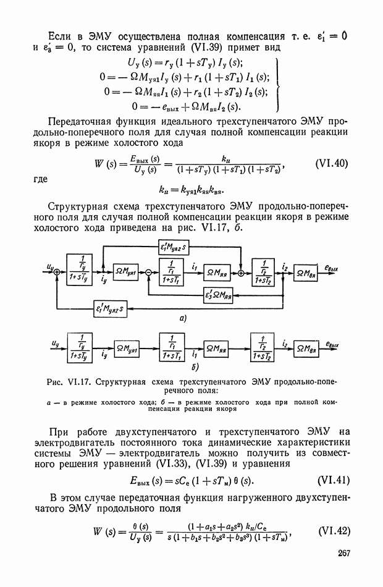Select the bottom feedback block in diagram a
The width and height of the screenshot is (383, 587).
[x=112, y=306]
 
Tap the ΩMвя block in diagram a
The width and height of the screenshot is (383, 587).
[x=308, y=272]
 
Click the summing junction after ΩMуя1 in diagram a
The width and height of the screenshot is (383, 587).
[x=149, y=272]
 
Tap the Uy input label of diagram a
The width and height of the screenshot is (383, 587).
[x=49, y=266]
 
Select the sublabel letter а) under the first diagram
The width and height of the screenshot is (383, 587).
[x=183, y=319]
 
